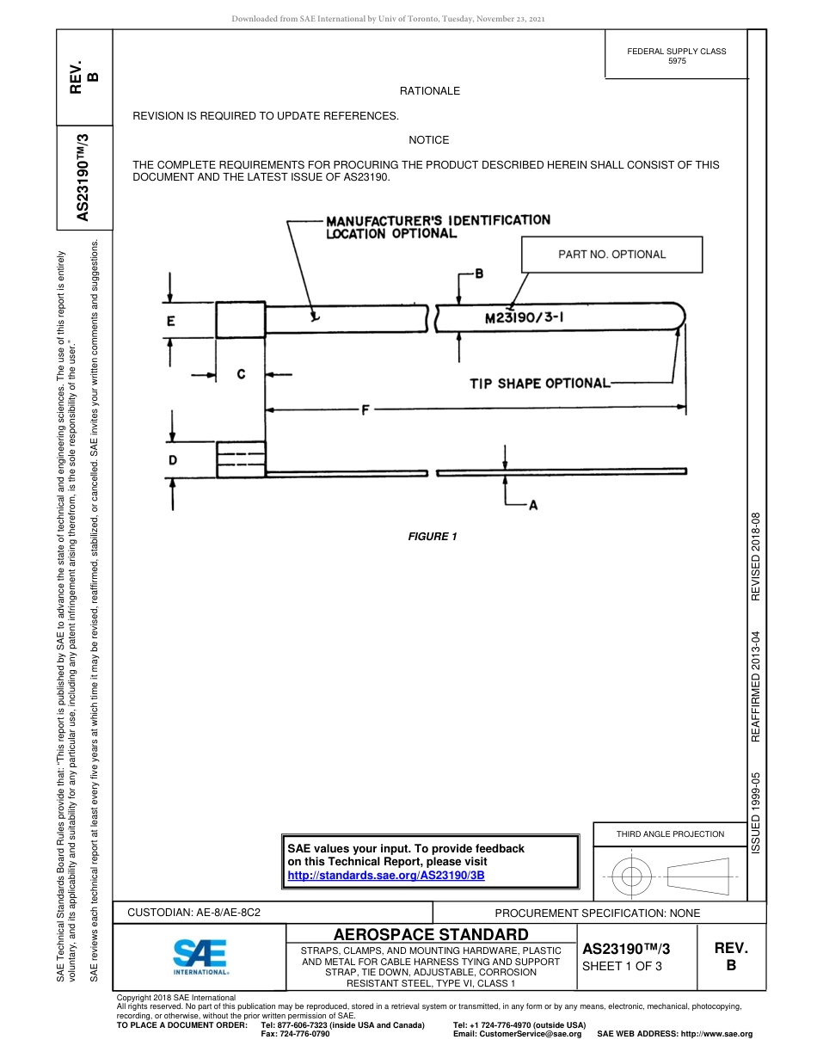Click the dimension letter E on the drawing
[171, 322]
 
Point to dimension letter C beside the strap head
[241, 374]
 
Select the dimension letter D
[173, 460]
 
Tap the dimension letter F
[365, 411]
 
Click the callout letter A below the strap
[533, 506]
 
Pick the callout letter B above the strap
[479, 274]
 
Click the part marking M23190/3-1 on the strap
[525, 318]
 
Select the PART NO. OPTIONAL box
[611, 255]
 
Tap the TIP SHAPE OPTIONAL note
[539, 383]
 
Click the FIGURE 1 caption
[432, 537]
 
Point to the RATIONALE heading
[429, 90]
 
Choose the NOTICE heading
[429, 139]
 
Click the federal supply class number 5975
[676, 61]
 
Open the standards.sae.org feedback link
[386, 875]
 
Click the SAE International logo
[200, 956]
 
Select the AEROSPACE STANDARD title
[431, 935]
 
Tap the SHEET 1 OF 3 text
[622, 966]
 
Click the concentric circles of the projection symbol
[631, 877]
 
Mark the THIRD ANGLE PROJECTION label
[670, 833]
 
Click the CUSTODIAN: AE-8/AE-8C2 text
[193, 913]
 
